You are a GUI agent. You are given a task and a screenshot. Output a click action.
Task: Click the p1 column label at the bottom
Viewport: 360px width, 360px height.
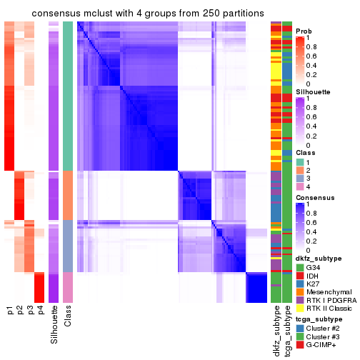[x=10, y=311]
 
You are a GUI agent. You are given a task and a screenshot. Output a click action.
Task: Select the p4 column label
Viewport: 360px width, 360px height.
[x=40, y=311]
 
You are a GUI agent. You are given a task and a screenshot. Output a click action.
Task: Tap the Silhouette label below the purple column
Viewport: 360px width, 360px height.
[x=54, y=325]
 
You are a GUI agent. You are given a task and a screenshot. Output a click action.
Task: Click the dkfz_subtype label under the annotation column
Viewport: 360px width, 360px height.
[x=276, y=331]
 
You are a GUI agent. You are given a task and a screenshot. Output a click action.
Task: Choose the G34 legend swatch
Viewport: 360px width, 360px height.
[x=300, y=267]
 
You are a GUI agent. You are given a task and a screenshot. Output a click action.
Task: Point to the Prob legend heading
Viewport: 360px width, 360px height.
[x=304, y=31]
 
